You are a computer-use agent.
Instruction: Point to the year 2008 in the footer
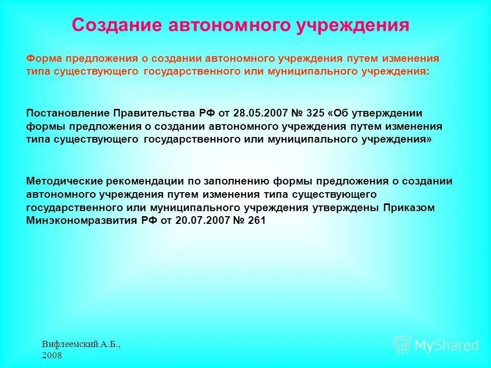tap(52, 355)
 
